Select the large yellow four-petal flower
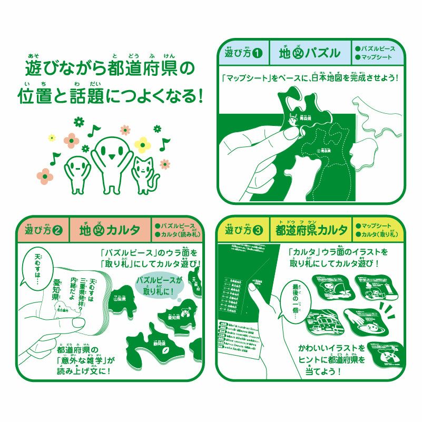point(142,143)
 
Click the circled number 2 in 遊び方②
point(58,230)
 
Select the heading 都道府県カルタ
point(311,230)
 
